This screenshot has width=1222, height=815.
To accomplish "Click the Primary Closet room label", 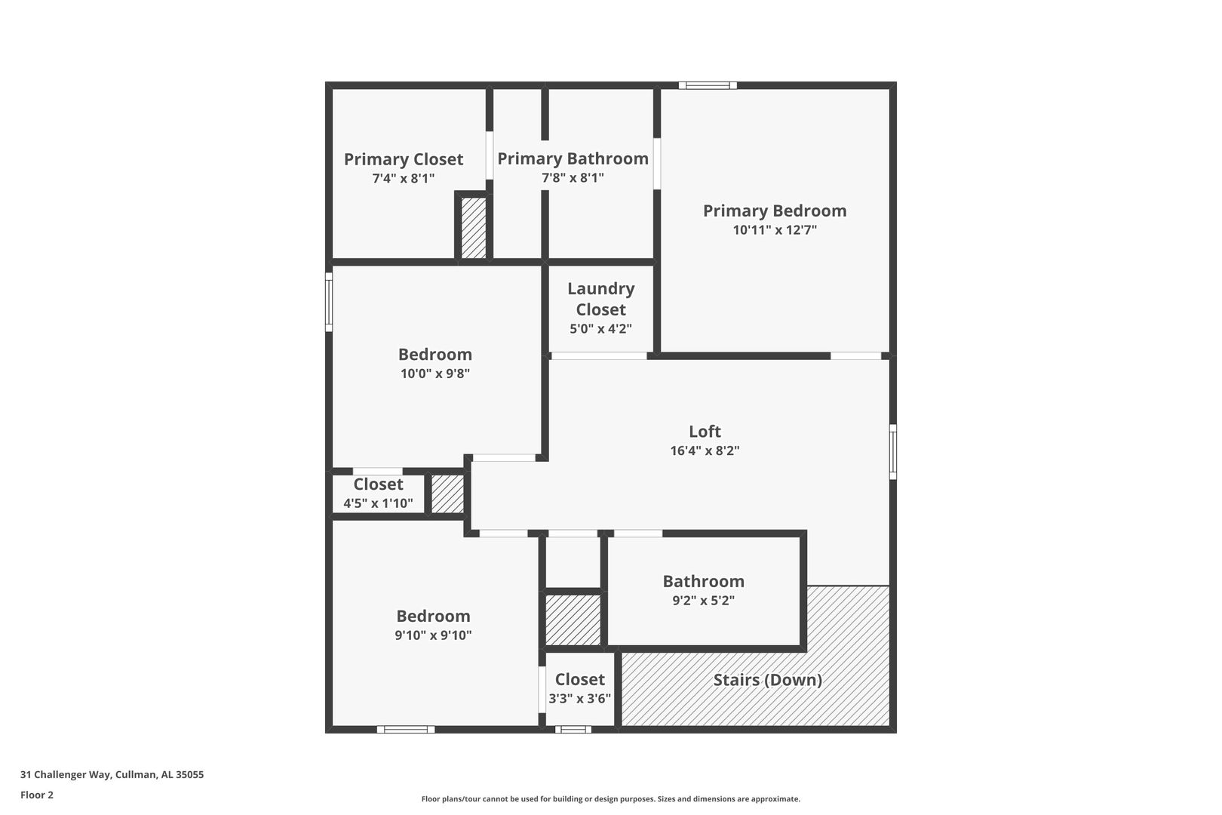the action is point(403,159).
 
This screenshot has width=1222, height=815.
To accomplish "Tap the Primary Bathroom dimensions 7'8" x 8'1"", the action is point(573,178).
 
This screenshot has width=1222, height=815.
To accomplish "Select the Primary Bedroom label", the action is point(775,211).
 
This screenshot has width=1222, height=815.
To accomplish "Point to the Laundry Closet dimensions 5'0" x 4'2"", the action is point(600,329).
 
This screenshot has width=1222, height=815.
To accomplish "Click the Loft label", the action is point(705,431).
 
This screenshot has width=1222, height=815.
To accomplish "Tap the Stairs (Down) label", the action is point(768,680).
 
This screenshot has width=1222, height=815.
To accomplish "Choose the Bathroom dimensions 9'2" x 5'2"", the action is point(703,601).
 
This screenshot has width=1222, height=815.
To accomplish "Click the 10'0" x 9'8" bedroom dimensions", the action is point(434,374).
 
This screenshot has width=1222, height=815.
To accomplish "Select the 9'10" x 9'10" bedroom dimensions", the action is point(433,635).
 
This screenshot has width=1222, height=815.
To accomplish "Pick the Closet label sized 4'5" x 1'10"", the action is point(378,484).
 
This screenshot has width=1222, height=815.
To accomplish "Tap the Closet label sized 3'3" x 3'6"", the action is point(579,679).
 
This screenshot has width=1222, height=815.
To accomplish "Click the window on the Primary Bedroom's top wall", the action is point(708,85).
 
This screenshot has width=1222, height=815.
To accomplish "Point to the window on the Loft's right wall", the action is point(892,452).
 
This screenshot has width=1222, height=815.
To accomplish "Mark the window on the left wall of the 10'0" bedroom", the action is point(329,302).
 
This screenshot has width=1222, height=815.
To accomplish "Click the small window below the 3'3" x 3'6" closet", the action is point(573,729).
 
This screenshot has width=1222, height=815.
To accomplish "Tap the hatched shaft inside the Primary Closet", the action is point(474,228).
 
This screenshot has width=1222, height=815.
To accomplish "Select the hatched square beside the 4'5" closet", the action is point(447,494).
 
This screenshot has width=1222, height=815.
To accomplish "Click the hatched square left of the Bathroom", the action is point(573,620).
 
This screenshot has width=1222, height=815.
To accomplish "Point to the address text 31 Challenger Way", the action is point(66,774).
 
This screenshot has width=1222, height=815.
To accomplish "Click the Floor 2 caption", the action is point(37,795).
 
